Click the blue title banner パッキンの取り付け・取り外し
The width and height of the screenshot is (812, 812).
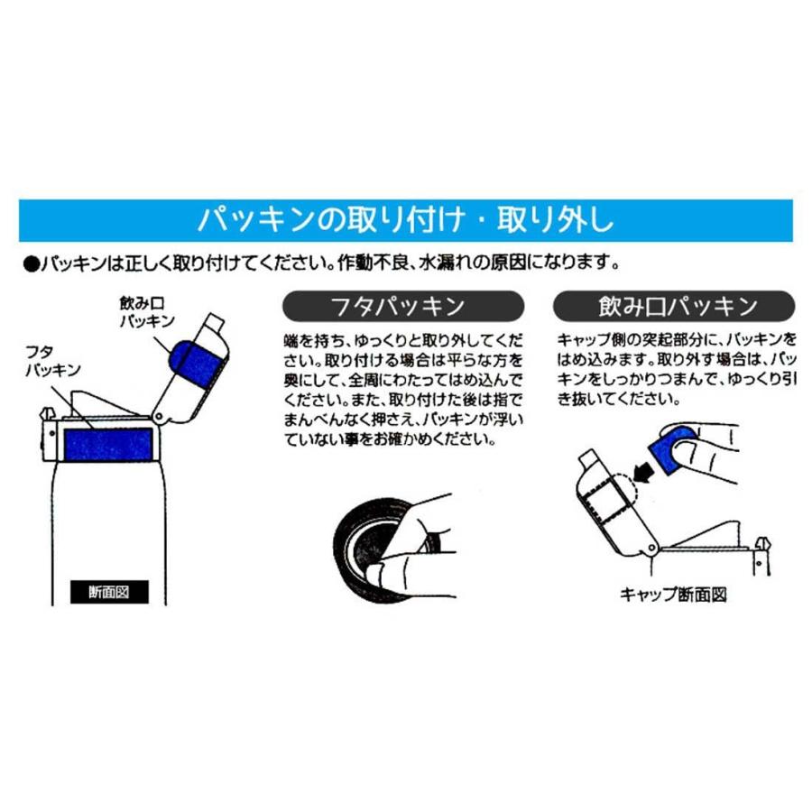point(405,219)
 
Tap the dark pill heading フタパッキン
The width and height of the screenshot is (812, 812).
point(402,307)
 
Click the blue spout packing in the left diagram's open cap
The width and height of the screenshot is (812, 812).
point(198,363)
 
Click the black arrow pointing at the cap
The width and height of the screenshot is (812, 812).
point(643,470)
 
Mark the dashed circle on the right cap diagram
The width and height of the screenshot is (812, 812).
point(623,493)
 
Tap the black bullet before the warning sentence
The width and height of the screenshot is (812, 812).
point(30,264)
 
